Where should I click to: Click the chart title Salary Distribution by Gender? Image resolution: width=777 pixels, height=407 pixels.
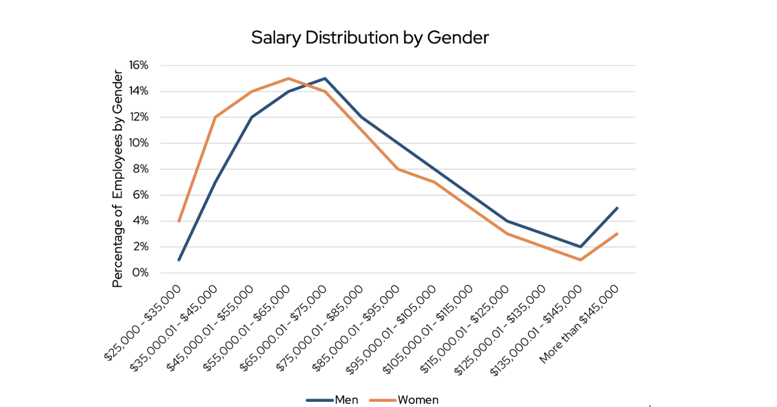(x=369, y=38)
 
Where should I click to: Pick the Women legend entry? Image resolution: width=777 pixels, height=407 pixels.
(x=417, y=400)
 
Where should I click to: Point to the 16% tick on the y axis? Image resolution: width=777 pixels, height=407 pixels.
(x=139, y=65)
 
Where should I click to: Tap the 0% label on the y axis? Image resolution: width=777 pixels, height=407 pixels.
(x=142, y=273)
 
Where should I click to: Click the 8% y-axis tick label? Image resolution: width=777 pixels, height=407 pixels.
(x=142, y=169)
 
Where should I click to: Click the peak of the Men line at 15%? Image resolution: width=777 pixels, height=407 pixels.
(x=325, y=78)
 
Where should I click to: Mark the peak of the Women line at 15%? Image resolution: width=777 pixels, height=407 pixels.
(x=289, y=78)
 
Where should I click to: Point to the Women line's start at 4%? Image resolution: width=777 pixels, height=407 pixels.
(x=179, y=221)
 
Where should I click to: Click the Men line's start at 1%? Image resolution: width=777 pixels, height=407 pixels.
(x=179, y=260)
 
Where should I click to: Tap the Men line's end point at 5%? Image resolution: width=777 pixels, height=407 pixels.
(x=617, y=208)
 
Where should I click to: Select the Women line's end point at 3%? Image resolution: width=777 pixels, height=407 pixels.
(x=617, y=234)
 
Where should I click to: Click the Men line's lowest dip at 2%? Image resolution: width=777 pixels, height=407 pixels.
(x=581, y=247)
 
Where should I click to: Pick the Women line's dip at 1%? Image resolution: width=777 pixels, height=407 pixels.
(x=581, y=260)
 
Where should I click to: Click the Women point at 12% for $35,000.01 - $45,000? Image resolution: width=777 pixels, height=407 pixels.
(x=215, y=117)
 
